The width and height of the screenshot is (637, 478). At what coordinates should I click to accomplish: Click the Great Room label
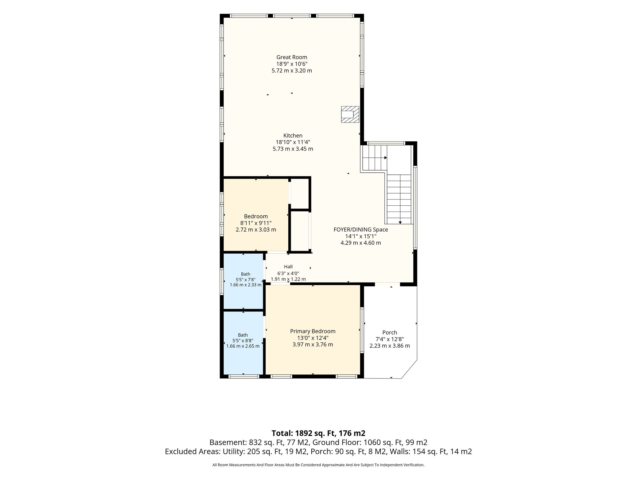tap(292, 57)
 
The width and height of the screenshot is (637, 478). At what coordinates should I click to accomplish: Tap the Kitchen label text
tap(293, 136)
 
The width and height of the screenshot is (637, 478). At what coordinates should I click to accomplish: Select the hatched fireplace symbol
tap(350, 114)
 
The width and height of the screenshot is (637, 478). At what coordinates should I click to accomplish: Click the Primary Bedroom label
tap(313, 331)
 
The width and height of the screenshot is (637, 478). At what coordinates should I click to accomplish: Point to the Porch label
tap(390, 333)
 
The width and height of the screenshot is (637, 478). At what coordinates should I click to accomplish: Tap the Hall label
tap(288, 267)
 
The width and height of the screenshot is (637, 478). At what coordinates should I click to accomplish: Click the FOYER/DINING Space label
tap(361, 230)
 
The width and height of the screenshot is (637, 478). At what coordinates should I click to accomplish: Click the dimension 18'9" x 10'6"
tap(292, 64)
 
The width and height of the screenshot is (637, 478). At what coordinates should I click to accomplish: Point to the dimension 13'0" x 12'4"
tap(313, 338)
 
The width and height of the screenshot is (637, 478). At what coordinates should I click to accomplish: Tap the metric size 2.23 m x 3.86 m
tap(390, 346)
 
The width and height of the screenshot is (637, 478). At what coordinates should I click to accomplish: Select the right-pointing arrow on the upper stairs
tap(386, 158)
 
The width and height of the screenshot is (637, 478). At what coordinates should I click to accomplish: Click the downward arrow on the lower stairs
tap(400, 223)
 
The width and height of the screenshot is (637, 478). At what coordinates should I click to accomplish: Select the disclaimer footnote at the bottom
tap(318, 465)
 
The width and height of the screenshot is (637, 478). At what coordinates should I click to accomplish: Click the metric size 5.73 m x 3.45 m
tap(293, 149)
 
